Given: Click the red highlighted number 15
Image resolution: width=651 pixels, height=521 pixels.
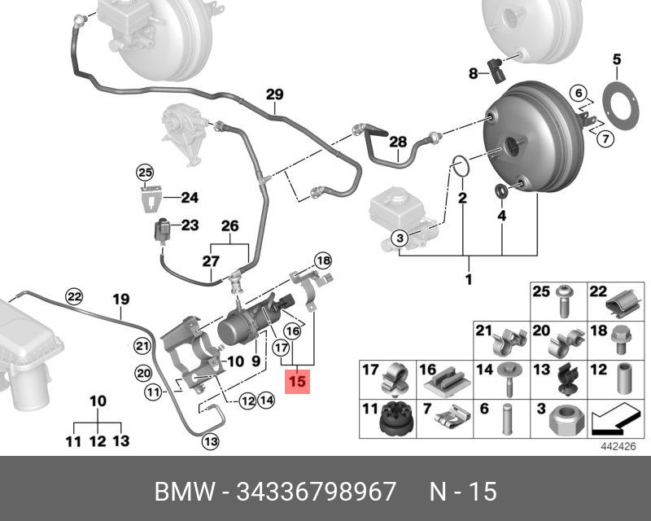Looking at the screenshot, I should coord(298,380).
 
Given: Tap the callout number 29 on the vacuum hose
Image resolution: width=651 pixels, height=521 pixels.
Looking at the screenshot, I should coord(274,94).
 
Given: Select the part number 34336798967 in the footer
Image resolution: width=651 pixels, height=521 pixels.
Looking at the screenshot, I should coord(316,492).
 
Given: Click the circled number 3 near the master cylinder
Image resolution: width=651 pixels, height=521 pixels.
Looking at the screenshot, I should coord(399,238).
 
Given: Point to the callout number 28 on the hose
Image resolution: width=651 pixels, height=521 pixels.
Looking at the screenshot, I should coord(397,142).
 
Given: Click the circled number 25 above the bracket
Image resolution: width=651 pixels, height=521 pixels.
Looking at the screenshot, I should coord(144,172).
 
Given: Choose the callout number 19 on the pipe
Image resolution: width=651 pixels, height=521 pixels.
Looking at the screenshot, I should coord(120,300).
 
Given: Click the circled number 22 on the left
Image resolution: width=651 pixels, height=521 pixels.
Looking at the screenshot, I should coord(74,296).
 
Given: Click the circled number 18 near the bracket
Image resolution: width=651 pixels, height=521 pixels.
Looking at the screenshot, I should coord(323,260).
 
